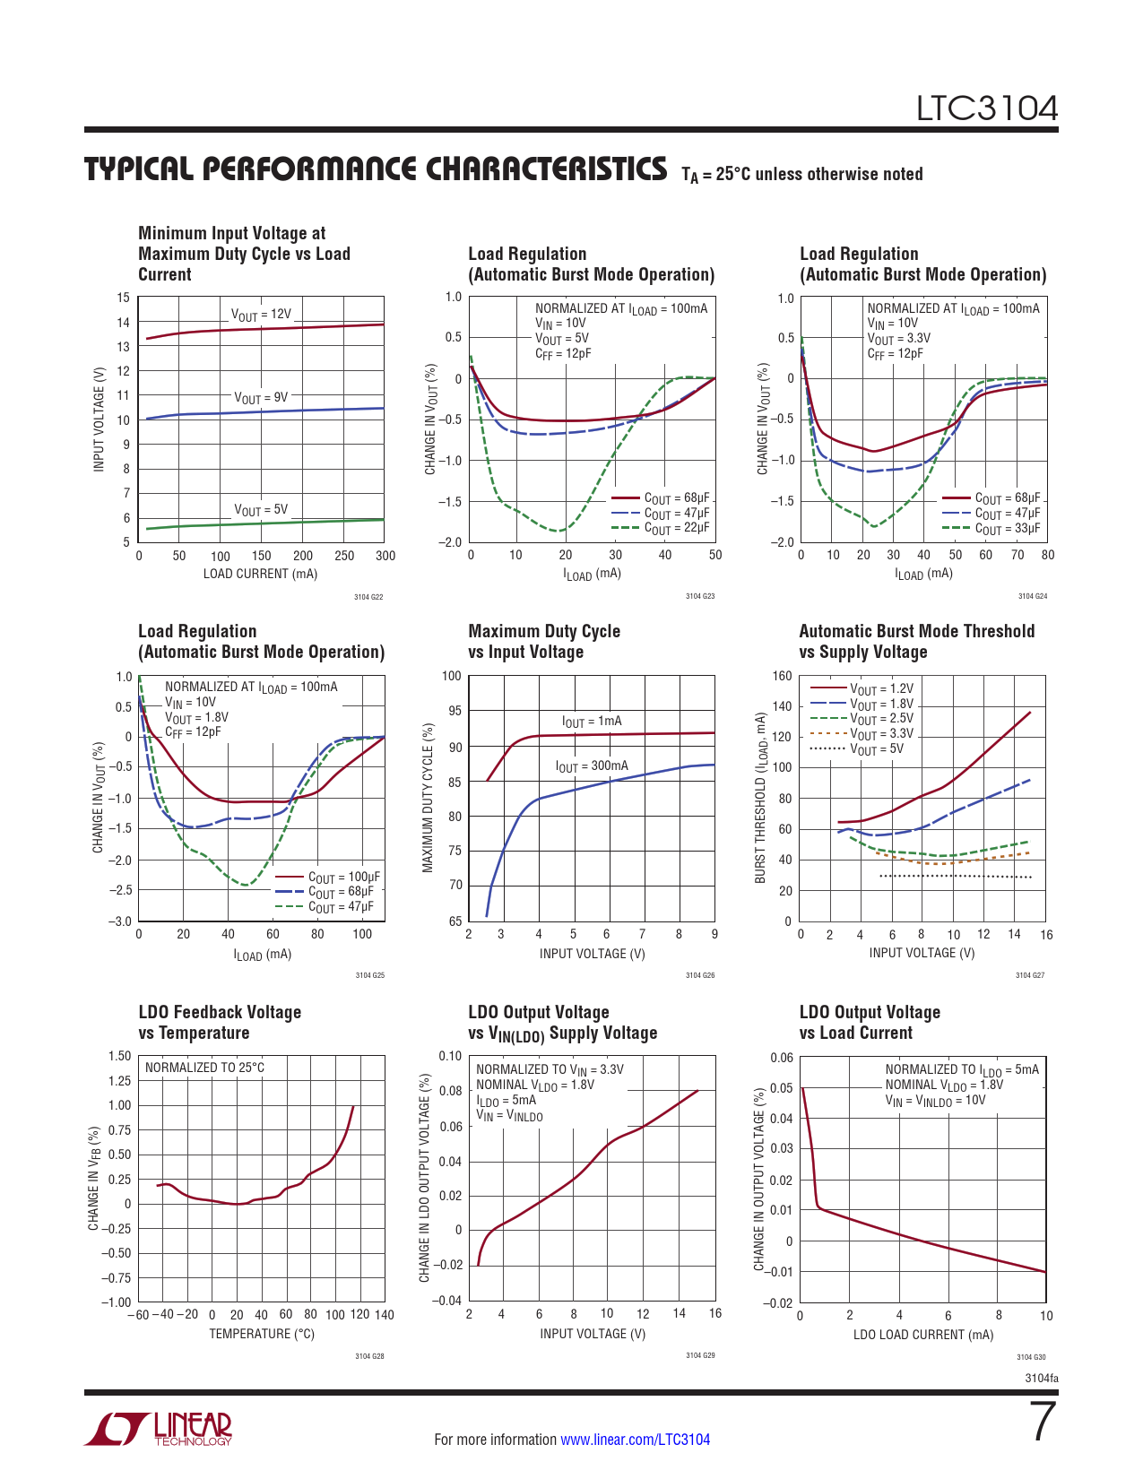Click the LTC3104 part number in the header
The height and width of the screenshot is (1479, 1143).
986,108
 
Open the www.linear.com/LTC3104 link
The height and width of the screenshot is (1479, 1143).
635,1440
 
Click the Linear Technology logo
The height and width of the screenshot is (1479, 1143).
159,1429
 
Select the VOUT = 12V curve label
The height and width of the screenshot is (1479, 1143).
261,315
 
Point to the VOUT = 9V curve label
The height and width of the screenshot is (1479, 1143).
261,397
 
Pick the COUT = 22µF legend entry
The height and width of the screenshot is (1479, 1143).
676,528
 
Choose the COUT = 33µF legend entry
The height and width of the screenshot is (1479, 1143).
1007,529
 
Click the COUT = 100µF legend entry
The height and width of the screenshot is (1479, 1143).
343,877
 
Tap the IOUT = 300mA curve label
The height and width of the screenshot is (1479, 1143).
591,766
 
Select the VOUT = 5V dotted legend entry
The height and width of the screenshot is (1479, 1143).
876,748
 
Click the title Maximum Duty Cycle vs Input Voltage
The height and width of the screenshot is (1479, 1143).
543,642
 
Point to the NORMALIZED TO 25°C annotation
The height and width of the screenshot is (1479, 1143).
204,1068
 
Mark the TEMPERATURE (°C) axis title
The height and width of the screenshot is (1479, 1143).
262,1334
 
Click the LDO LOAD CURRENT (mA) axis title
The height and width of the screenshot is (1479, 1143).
922,1335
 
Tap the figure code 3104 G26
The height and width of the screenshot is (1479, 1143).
700,975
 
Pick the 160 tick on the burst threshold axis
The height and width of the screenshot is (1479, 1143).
782,676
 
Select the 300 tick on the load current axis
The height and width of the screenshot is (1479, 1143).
385,556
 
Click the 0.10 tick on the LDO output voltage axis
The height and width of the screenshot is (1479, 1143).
450,1056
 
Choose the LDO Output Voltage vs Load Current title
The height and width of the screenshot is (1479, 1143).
869,1023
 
